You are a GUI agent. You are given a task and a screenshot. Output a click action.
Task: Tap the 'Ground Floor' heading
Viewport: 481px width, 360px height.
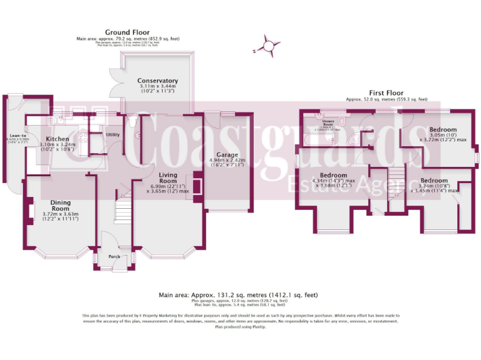(x=127, y=32)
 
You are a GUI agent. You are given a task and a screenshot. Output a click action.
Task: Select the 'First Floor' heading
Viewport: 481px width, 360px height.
(x=387, y=92)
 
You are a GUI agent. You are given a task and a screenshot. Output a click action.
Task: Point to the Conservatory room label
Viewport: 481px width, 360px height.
(x=158, y=81)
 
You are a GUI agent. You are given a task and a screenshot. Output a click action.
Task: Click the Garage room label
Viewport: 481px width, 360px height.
(x=228, y=154)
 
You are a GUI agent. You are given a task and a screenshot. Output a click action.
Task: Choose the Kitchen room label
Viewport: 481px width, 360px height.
(x=57, y=138)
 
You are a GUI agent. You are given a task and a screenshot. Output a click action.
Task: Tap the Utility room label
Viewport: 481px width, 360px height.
(x=113, y=134)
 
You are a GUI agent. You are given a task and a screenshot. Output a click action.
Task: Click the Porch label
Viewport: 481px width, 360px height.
(x=115, y=256)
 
